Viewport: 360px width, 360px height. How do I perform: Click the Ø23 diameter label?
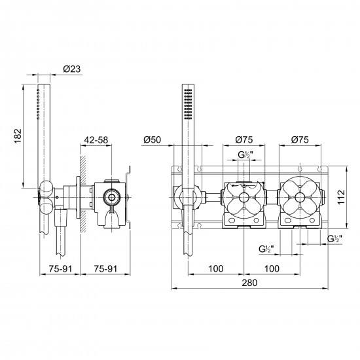coord(72,69)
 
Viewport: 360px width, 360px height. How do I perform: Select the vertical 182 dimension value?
coord(18,136)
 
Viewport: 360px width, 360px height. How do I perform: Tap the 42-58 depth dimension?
coord(96,140)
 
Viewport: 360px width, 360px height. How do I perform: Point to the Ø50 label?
coord(153,139)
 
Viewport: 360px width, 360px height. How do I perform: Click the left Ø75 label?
coord(244,139)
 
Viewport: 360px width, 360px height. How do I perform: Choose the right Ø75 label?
coord(300,139)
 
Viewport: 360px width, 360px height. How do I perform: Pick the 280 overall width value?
coord(249,283)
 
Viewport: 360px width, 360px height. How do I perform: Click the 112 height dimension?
coord(342,197)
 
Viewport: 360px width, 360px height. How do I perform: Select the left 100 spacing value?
coord(216,268)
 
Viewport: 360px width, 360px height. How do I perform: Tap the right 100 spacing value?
coord(272,268)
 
